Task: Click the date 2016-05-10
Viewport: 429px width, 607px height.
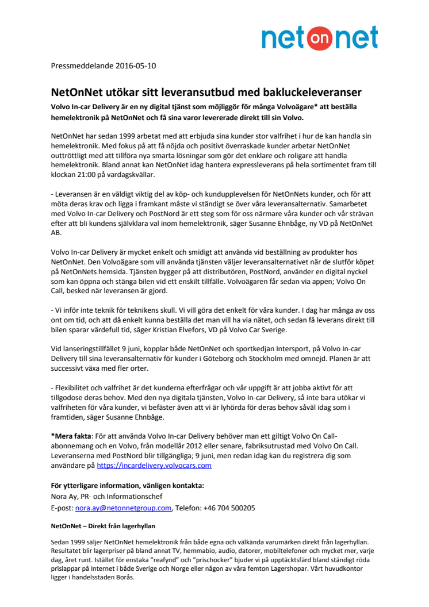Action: click(x=135, y=66)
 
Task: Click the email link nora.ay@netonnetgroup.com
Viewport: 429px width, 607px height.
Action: click(x=124, y=508)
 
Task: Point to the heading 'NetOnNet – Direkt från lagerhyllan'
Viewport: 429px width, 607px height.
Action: click(x=104, y=525)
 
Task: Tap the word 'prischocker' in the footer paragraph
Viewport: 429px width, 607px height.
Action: click(x=210, y=559)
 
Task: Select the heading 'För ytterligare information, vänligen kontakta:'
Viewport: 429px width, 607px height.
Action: click(x=123, y=486)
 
